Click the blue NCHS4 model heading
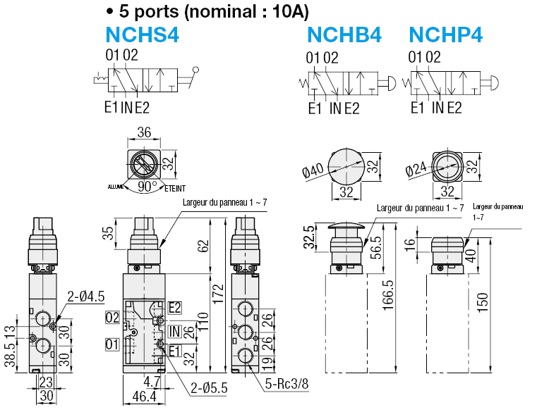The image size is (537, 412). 142,35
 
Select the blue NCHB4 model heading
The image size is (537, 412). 344,35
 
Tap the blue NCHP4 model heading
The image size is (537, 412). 446,35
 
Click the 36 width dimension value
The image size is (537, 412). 144,132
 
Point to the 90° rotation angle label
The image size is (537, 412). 147,187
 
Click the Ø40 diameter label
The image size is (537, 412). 313,170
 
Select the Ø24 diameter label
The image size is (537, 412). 416,168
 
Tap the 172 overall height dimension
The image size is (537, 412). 218,294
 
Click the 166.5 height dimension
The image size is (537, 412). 387,295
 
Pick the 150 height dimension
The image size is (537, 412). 482,302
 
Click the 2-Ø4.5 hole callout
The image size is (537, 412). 85,296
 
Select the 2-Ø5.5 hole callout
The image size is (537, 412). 209,388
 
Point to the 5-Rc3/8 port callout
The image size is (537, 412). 287,384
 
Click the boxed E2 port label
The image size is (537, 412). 175,308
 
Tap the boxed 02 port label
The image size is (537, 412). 112,318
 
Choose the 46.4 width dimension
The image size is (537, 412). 144,397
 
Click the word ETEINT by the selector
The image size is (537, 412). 175,189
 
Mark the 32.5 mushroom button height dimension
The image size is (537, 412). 310,237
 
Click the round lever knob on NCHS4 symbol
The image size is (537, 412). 196,70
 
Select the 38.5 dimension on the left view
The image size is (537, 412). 10,355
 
